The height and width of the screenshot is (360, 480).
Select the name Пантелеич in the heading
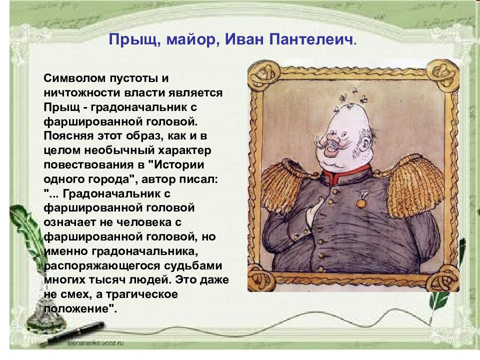(x=311, y=39)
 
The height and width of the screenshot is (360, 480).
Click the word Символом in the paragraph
(x=75, y=78)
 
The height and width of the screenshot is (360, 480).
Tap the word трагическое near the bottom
(x=141, y=294)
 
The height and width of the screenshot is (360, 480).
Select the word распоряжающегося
(x=102, y=265)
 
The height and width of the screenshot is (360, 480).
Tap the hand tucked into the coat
(x=313, y=211)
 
